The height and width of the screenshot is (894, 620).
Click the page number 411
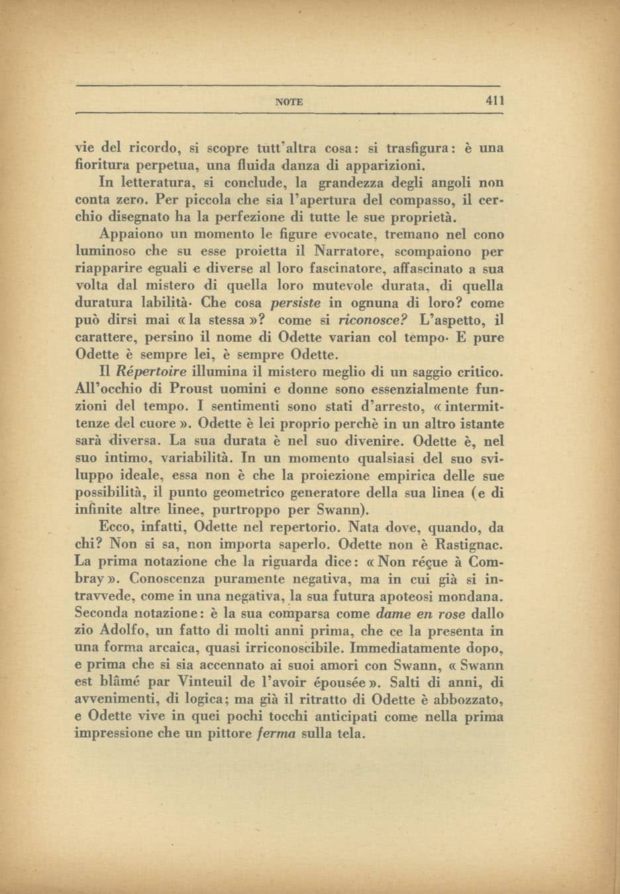click(x=495, y=101)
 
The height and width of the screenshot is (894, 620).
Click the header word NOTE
click(x=289, y=102)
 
